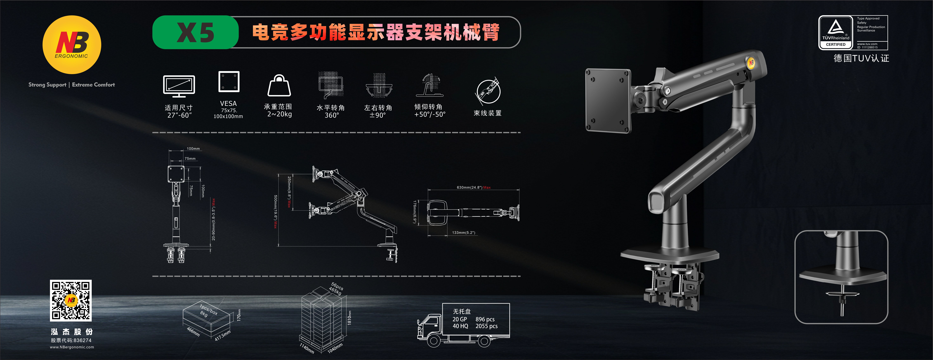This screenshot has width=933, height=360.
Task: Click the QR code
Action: pyautogui.click(x=71, y=300)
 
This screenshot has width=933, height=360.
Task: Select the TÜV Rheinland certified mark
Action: pyautogui.click(x=836, y=33)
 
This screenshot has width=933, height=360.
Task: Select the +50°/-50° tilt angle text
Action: pyautogui.click(x=430, y=114)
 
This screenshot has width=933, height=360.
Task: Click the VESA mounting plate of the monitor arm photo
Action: pyautogui.click(x=608, y=100)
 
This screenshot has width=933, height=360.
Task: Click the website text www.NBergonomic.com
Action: pyautogui.click(x=72, y=347)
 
